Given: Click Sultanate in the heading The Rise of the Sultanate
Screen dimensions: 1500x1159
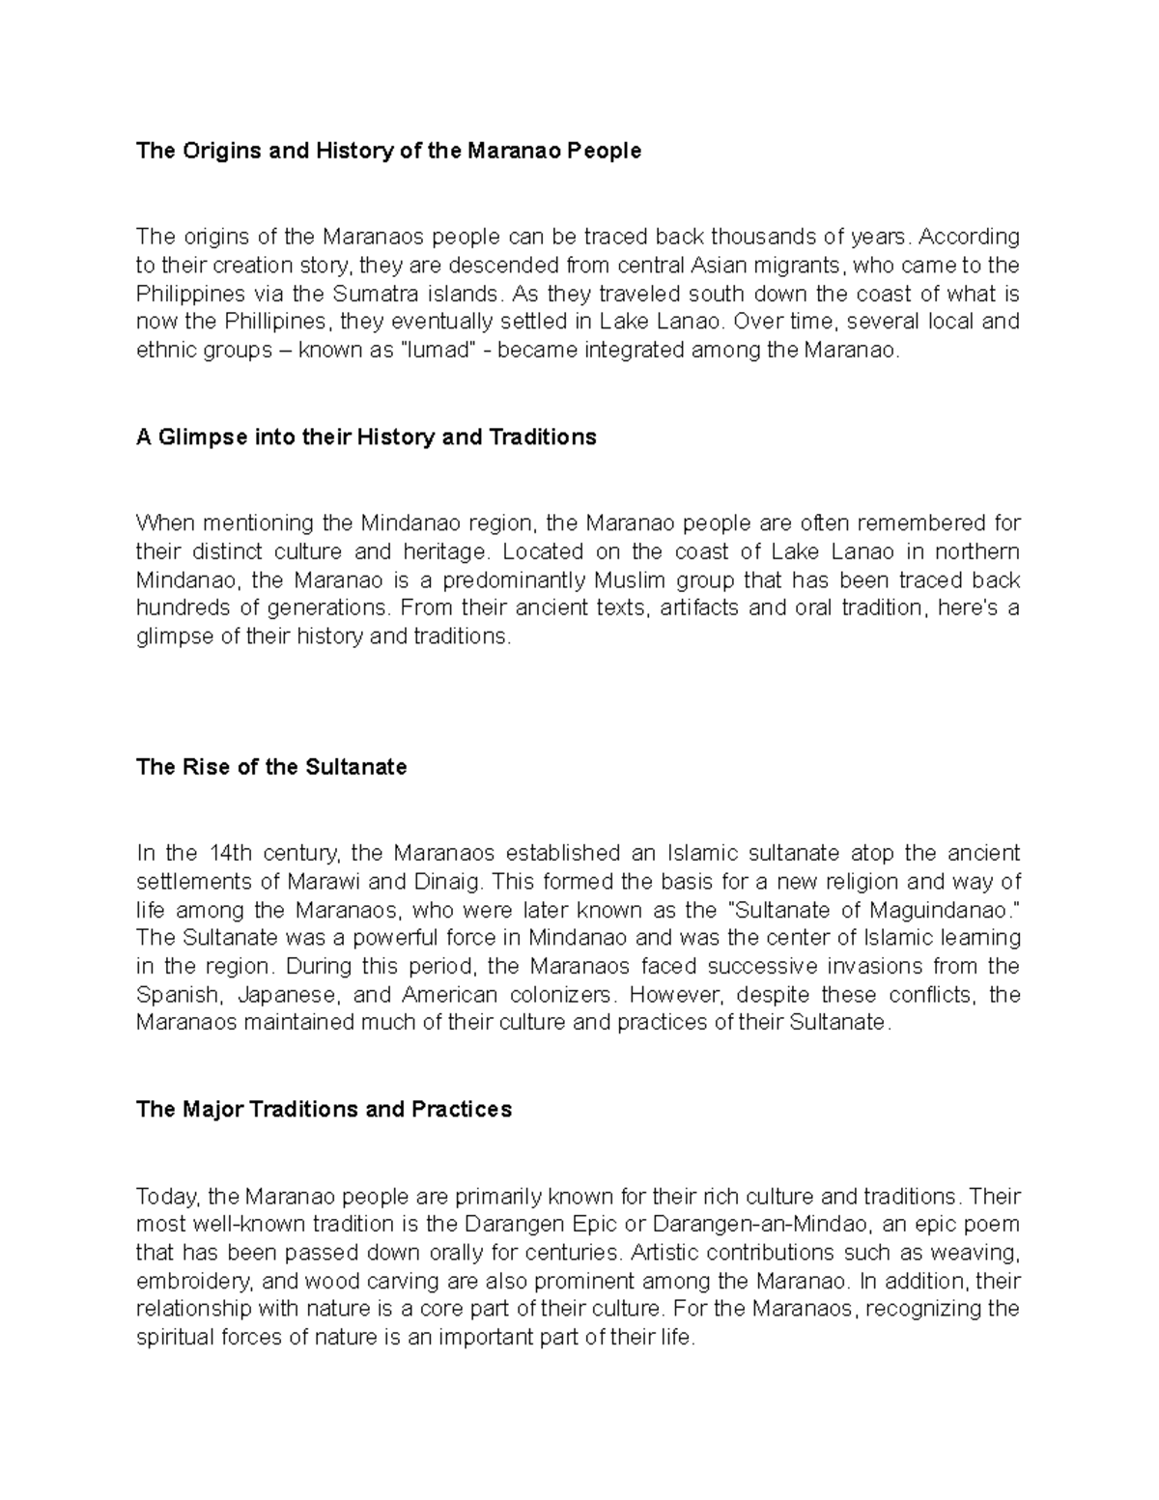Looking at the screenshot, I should point(355,767).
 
